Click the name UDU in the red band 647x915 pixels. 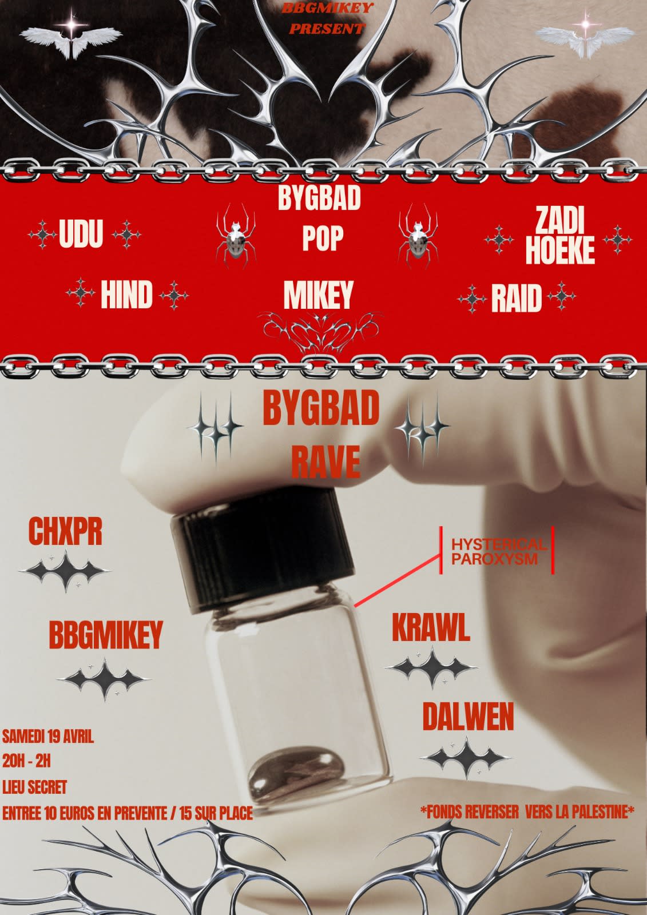(81, 233)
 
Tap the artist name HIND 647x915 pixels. (126, 295)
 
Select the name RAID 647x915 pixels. (517, 299)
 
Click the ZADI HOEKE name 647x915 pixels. (560, 236)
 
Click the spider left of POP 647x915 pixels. (236, 236)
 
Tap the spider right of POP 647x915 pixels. (418, 236)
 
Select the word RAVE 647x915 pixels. (326, 462)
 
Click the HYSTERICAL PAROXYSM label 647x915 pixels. (498, 551)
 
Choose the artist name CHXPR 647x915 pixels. (65, 531)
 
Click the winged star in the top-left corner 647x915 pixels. (71, 36)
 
